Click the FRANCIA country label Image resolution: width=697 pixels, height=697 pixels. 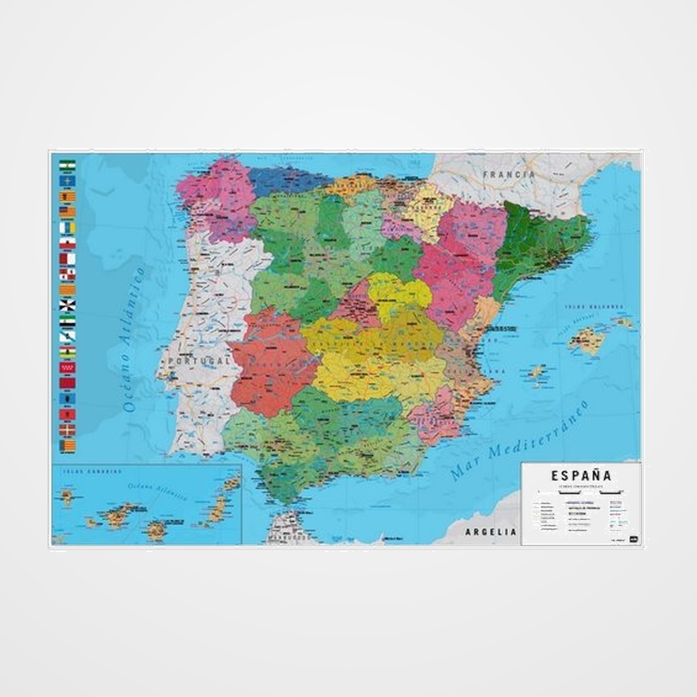(508, 174)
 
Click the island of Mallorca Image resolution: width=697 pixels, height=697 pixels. (585, 339)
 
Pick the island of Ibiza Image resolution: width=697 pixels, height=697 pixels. (537, 372)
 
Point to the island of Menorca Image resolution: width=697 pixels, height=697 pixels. (622, 322)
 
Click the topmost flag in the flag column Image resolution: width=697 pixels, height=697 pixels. (67, 165)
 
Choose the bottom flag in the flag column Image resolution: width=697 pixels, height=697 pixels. (67, 446)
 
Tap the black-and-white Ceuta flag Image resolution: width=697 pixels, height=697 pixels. (67, 305)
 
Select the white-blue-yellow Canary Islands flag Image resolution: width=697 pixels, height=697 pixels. (67, 227)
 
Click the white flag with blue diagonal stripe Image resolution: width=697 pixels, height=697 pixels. (67, 336)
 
